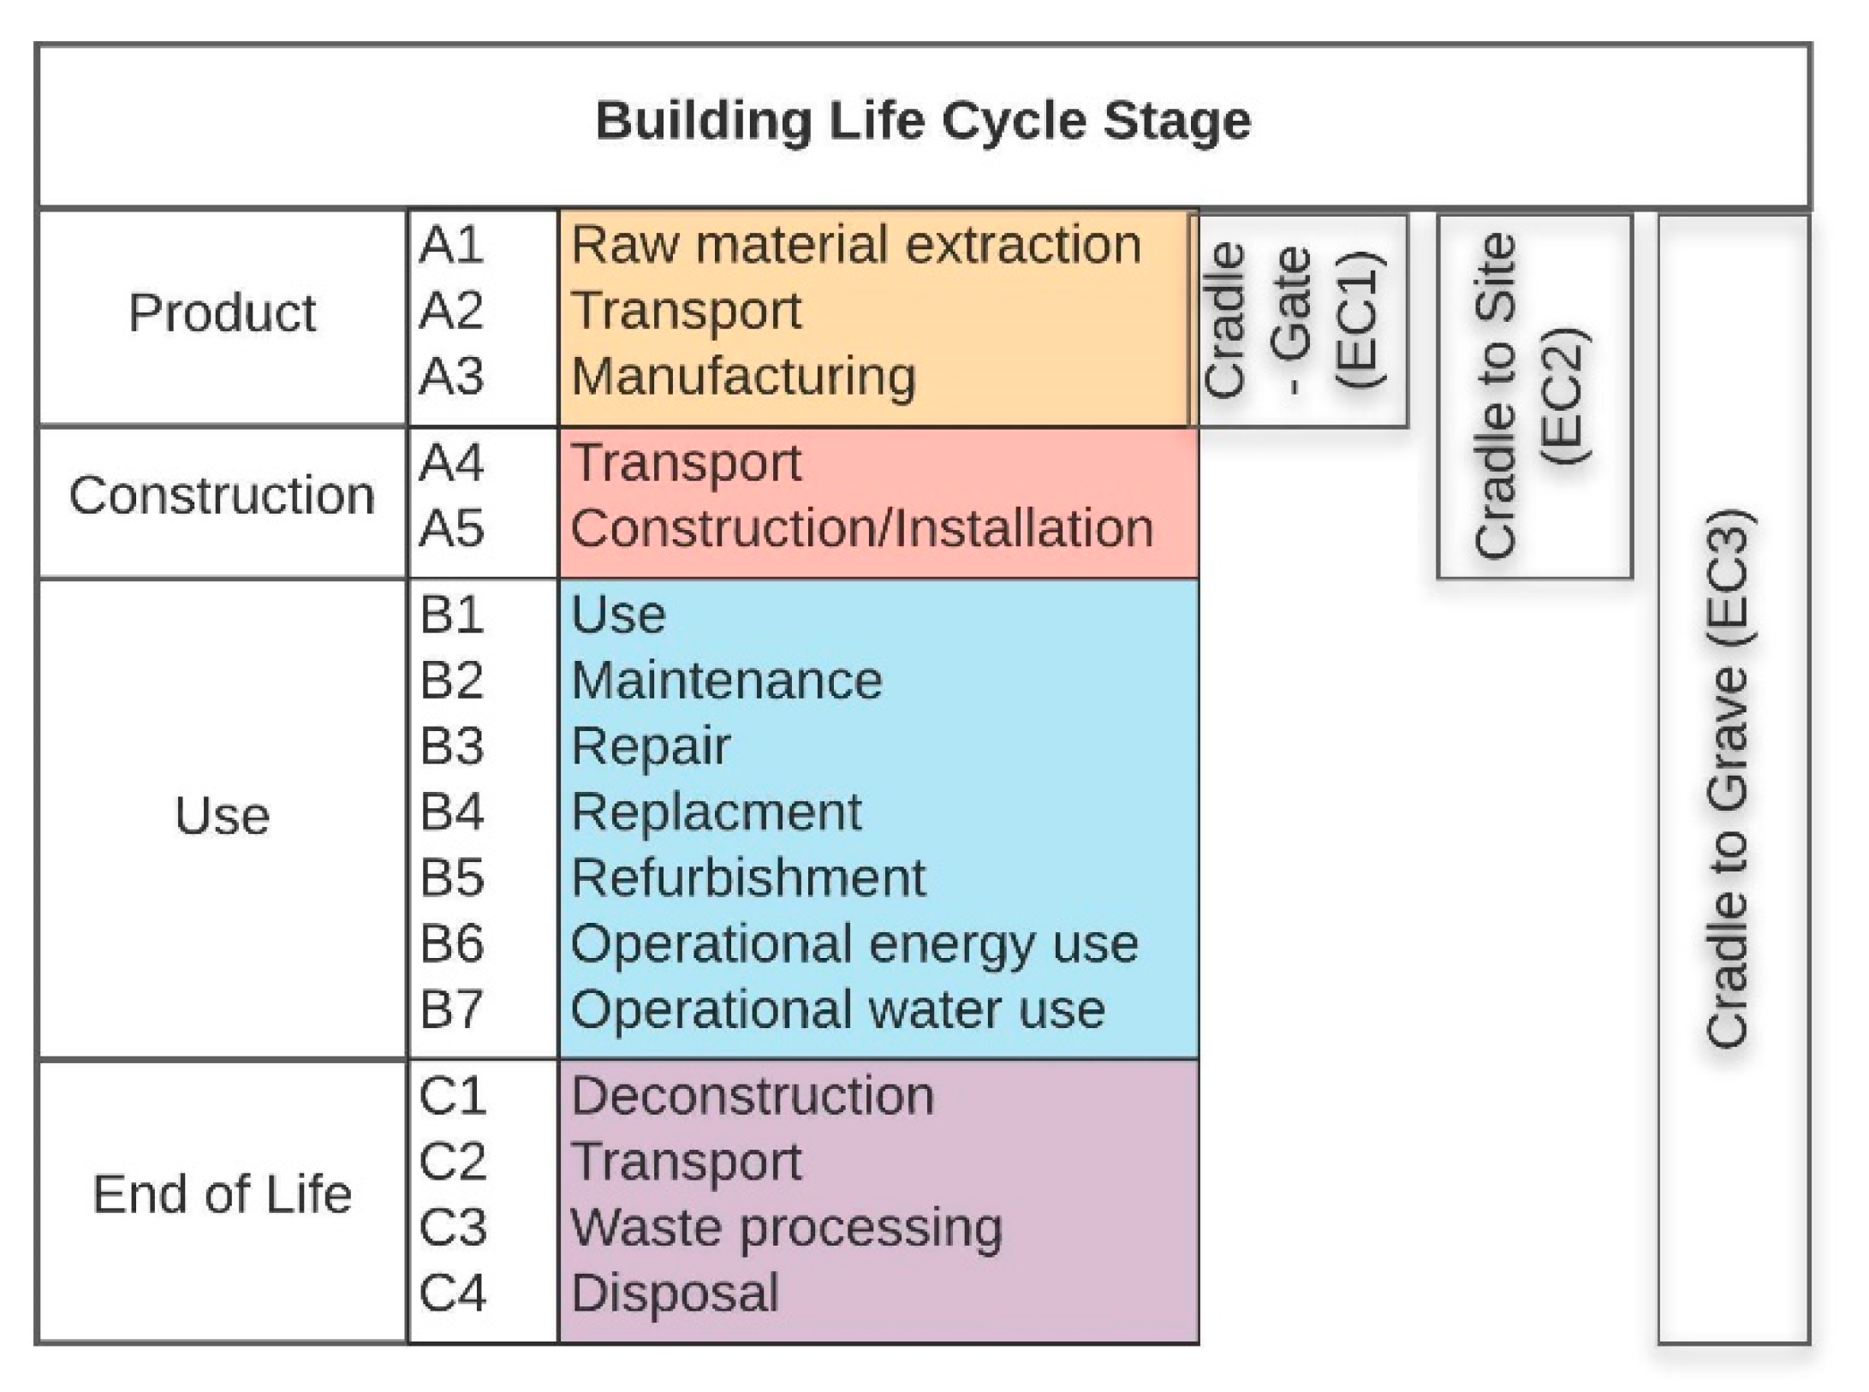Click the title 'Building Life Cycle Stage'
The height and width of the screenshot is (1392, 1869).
tap(923, 121)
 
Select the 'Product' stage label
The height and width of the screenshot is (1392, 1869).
tap(222, 312)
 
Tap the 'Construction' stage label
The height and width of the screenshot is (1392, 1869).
tap(222, 496)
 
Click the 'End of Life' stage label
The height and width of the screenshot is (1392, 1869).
tap(222, 1194)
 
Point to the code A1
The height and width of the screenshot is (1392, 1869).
tap(451, 245)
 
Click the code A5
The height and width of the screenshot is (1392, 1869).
tap(451, 528)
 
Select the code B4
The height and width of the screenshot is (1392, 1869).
tap(451, 812)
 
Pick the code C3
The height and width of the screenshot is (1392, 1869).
tap(452, 1227)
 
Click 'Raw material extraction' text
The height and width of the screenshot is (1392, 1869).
tap(856, 245)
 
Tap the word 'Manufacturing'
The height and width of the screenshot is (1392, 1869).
tap(743, 377)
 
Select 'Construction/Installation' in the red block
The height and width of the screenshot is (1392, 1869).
tap(861, 528)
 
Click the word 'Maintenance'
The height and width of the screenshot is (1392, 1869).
tap(726, 681)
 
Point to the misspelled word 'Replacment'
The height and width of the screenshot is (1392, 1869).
tap(716, 812)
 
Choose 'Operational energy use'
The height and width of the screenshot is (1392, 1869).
tap(854, 943)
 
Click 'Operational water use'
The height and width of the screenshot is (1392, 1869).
tap(837, 1009)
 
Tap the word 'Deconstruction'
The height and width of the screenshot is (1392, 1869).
tap(752, 1096)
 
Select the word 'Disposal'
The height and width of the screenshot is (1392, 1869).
tap(675, 1293)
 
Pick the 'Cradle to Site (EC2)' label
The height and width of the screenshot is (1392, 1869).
tap(1533, 396)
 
